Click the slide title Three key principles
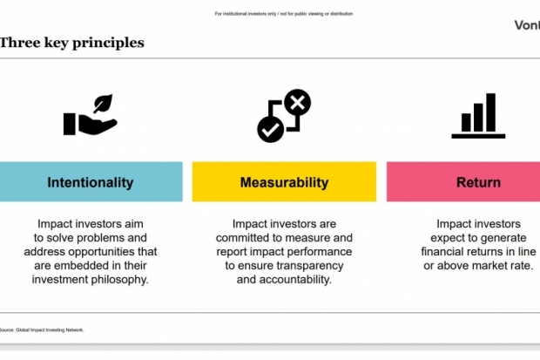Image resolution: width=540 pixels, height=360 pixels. click(71, 43)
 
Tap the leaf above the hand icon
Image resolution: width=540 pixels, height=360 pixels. click(103, 104)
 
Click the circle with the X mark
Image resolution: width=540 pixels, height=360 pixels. click(298, 102)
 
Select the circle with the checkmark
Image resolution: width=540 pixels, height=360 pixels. click(271, 130)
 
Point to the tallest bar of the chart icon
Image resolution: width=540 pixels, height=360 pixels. click(490, 112)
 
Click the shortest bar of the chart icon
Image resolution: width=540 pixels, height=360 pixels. click(466, 122)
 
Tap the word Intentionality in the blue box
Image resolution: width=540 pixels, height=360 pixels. click(91, 182)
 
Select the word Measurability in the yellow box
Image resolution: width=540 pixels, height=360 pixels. click(284, 182)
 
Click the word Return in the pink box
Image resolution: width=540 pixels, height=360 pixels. click(478, 182)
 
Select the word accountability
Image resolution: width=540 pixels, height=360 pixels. click(295, 280)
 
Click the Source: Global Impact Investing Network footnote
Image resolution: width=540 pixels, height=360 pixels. click(42, 330)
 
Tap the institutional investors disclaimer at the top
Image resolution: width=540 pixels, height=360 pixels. click(284, 14)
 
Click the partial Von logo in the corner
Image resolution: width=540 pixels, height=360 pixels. click(527, 25)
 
